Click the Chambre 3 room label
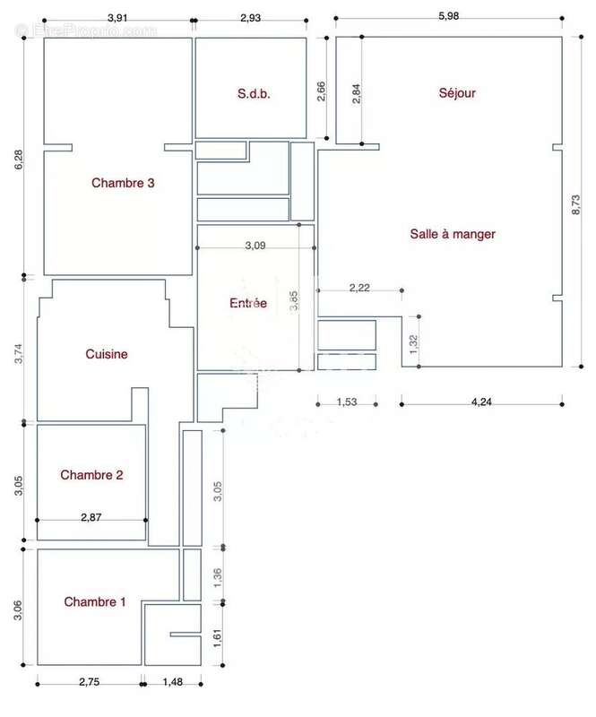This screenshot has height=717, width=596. click(124, 183)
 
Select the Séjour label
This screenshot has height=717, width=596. click(457, 92)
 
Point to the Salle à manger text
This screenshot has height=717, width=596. click(453, 234)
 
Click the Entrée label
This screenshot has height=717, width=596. click(248, 303)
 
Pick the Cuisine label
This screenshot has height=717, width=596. click(107, 354)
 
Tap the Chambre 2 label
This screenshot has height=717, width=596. click(91, 475)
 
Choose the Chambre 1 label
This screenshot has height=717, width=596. click(94, 602)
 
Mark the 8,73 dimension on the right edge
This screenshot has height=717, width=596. click(575, 209)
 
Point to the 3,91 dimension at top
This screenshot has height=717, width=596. click(117, 17)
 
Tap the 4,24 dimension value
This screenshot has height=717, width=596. click(481, 401)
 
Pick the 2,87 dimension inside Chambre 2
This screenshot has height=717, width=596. click(91, 517)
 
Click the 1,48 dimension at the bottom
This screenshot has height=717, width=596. click(172, 682)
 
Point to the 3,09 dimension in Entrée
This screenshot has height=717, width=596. click(255, 244)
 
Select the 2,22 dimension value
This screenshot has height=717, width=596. click(359, 287)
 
